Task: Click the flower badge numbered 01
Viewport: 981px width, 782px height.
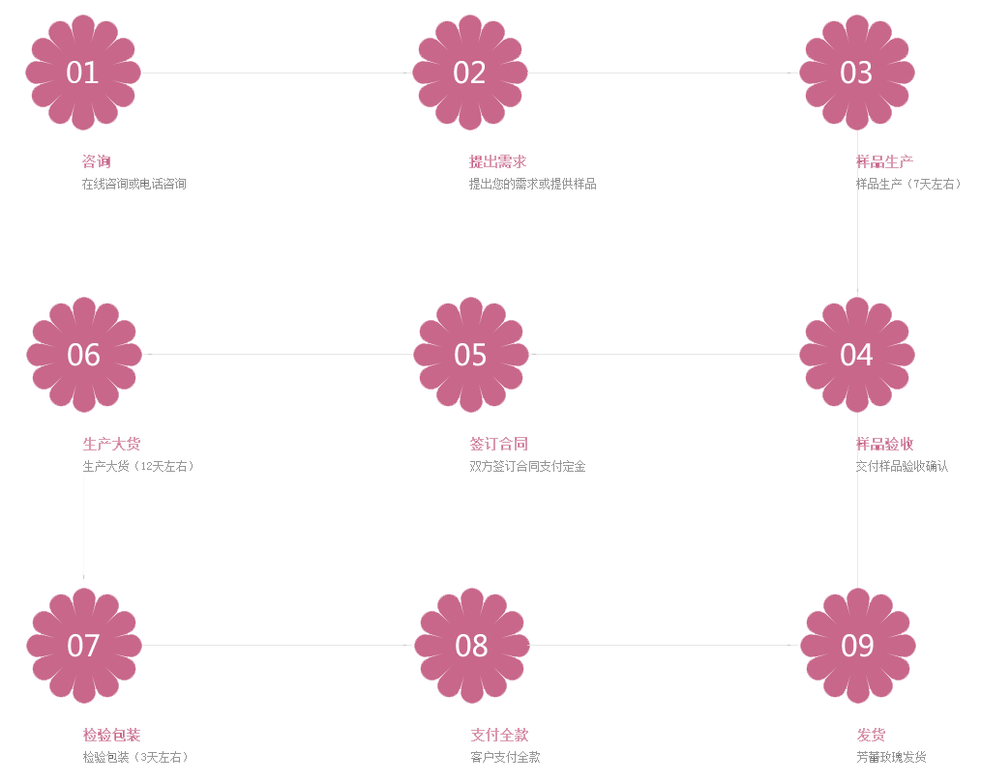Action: (x=83, y=72)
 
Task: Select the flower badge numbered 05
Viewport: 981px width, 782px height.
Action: (x=470, y=355)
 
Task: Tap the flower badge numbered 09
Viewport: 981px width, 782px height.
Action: (x=857, y=646)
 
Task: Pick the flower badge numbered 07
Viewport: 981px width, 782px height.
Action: (x=84, y=646)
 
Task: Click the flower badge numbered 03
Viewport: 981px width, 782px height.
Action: (x=856, y=72)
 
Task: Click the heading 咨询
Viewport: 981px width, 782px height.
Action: (x=96, y=161)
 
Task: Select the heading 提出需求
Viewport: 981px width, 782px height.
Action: (x=497, y=161)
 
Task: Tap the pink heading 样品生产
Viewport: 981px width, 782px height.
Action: (x=884, y=161)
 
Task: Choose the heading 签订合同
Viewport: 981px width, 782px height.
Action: (x=498, y=444)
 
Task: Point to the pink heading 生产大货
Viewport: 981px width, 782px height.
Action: (x=111, y=444)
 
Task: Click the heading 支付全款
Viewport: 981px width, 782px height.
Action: (x=499, y=736)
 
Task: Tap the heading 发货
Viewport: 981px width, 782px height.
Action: (x=871, y=736)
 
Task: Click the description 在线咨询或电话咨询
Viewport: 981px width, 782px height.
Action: (x=134, y=184)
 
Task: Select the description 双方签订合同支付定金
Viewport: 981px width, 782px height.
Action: (x=527, y=466)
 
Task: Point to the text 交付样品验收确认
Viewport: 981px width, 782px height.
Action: (x=902, y=466)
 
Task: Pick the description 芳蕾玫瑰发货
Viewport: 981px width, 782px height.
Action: (x=891, y=757)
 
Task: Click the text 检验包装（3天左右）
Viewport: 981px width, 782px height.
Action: (x=135, y=757)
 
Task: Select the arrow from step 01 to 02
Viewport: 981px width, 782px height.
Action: (x=277, y=72)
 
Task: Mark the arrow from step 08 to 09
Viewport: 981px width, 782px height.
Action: (x=664, y=645)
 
